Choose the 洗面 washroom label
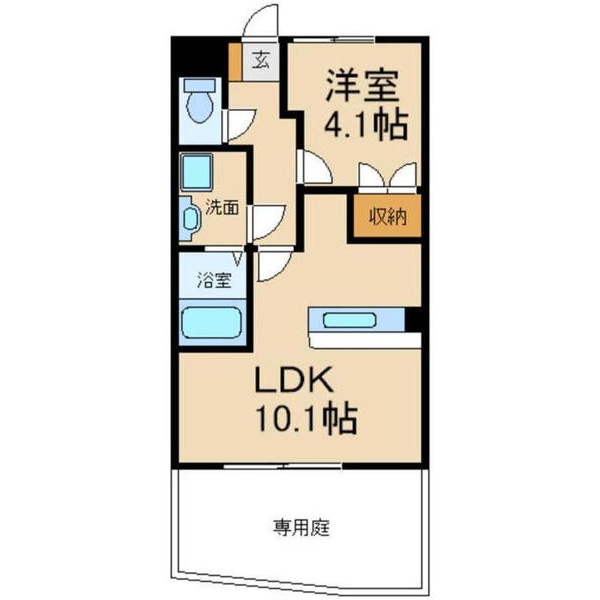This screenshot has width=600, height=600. pyautogui.click(x=221, y=208)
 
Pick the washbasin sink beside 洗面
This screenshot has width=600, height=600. pyautogui.click(x=190, y=218)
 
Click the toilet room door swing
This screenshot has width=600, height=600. pyautogui.click(x=241, y=125)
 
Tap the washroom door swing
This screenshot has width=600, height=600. pyautogui.click(x=266, y=220)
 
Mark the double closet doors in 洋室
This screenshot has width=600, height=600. pyautogui.click(x=387, y=176)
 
